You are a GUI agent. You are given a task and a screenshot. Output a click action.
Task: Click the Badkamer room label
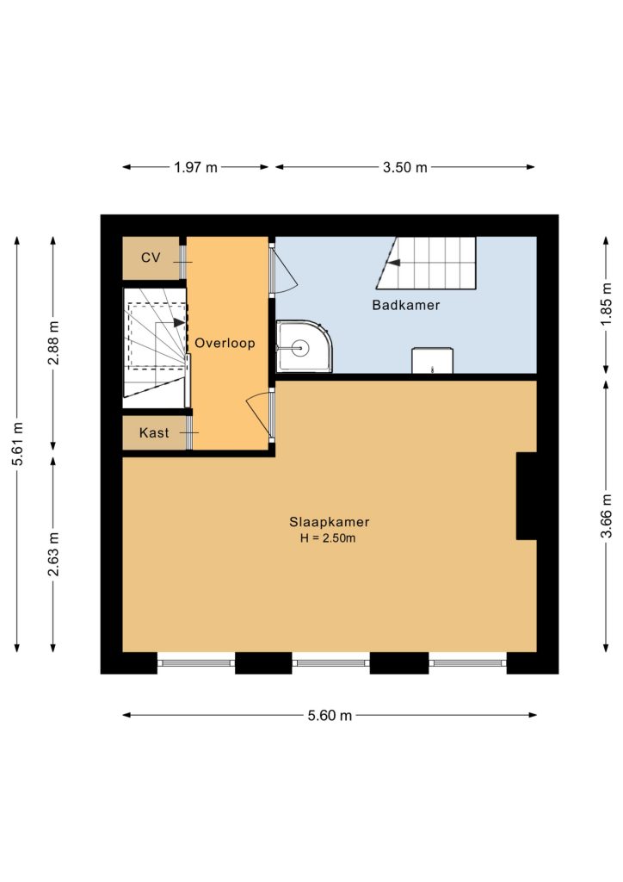coord(405,305)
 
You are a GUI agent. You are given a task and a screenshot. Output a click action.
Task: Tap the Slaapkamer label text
coord(330,522)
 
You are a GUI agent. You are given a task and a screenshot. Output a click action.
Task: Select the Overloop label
coord(225,343)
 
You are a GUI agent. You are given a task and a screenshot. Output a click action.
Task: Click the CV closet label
coord(151,258)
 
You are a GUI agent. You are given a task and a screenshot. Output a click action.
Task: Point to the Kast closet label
coord(154,432)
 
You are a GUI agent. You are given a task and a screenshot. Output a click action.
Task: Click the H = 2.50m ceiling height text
coord(328,538)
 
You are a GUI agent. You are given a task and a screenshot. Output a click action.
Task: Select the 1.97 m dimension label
coord(195,167)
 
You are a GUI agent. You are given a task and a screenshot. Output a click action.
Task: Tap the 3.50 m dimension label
coord(405,167)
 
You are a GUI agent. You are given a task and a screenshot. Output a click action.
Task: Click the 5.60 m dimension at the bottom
coord(330,715)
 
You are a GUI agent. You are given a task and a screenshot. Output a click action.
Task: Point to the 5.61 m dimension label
coord(19,444)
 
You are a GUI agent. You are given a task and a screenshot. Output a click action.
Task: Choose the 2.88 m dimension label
coord(54,343)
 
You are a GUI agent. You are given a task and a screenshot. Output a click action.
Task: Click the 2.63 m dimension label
coord(54,554)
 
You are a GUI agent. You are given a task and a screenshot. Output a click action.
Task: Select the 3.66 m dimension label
coord(606,516)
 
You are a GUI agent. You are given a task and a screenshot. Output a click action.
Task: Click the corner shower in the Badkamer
coord(304,347)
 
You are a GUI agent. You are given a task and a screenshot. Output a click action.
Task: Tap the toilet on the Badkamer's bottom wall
coord(432,361)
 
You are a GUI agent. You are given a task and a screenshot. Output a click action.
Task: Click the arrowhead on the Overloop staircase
coord(179,323)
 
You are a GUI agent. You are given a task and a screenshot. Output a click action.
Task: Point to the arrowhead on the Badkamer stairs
coord(394,262)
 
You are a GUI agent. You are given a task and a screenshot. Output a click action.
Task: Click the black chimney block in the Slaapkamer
coord(527,496)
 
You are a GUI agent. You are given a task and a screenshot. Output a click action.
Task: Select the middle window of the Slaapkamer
coord(331,663)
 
